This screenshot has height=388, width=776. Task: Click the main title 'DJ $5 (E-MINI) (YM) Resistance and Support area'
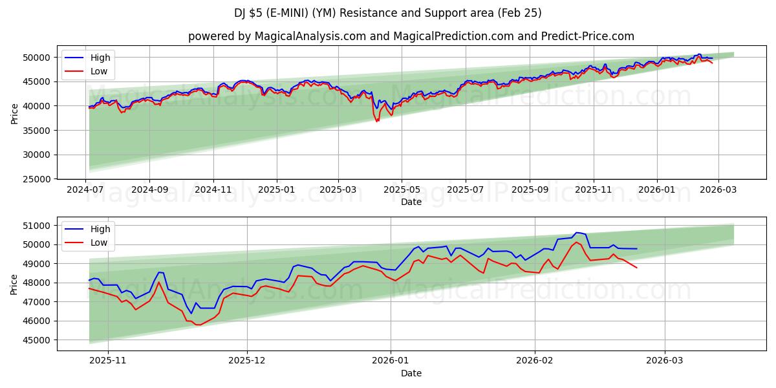point(388,13)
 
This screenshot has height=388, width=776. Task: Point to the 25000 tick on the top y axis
point(38,179)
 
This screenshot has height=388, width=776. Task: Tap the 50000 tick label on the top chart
point(38,58)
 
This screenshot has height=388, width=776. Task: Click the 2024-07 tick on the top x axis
point(85,189)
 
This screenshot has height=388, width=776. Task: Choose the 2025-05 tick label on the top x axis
point(402,189)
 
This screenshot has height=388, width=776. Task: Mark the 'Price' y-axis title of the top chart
point(15,114)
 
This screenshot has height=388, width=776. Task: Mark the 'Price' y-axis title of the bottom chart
point(15,283)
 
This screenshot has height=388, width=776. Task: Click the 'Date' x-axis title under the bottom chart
point(411,373)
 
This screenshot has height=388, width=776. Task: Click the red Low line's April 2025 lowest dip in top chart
point(377,122)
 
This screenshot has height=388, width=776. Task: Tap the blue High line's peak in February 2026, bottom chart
point(576,233)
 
